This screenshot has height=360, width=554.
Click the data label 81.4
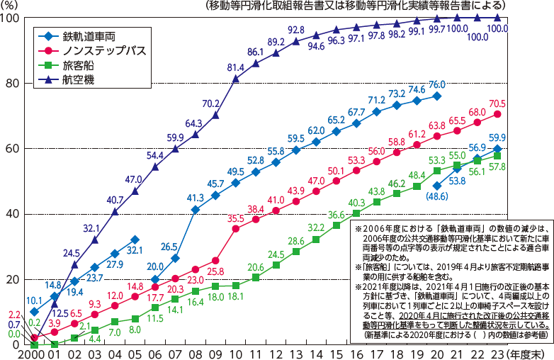click(x=237, y=67)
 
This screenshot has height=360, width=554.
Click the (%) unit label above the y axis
click(x=12, y=6)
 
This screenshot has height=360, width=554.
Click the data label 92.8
click(x=297, y=30)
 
